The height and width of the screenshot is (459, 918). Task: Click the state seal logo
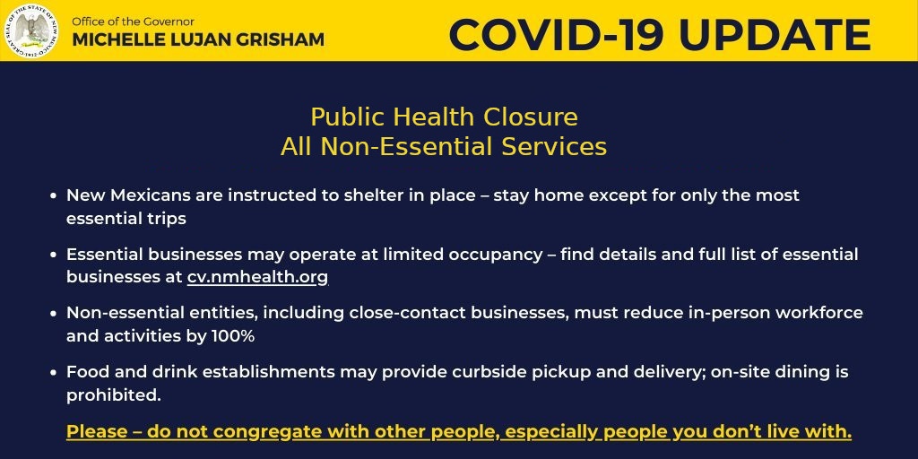[31, 30]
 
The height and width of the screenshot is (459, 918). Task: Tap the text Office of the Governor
[133, 22]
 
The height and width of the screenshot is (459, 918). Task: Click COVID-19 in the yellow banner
[556, 35]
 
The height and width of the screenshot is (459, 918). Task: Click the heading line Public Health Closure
[445, 117]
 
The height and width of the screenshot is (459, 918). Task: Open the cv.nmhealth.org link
[257, 278]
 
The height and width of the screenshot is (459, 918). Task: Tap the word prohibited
[113, 395]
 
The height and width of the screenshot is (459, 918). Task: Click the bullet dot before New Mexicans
[53, 195]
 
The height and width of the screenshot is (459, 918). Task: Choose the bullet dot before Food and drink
[53, 372]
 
